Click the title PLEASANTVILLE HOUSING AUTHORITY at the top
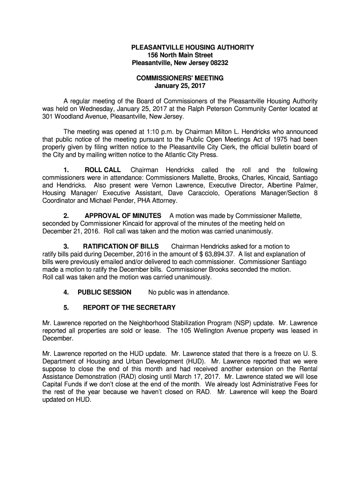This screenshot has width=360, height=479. pyautogui.click(x=193, y=48)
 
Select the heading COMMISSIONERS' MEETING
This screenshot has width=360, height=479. pyautogui.click(x=180, y=78)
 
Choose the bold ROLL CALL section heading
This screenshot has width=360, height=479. pyautogui.click(x=102, y=170)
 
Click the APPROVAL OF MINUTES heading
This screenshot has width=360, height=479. pyautogui.click(x=123, y=216)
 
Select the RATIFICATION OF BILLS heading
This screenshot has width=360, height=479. pyautogui.click(x=121, y=247)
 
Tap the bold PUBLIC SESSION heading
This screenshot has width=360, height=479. pyautogui.click(x=104, y=292)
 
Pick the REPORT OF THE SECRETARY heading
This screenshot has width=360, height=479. pyautogui.click(x=129, y=308)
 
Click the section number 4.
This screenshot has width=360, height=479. pyautogui.click(x=66, y=292)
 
